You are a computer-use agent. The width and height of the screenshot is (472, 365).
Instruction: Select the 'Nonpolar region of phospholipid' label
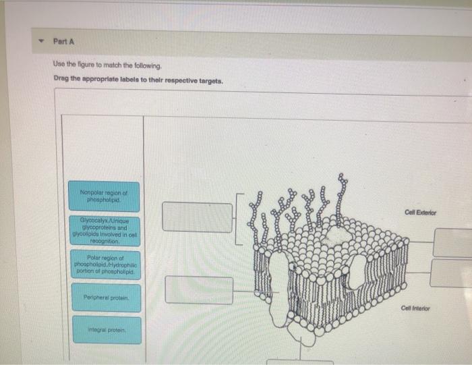pyautogui.click(x=104, y=196)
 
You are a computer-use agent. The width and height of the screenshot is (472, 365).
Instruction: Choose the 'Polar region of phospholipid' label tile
pyautogui.click(x=105, y=264)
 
